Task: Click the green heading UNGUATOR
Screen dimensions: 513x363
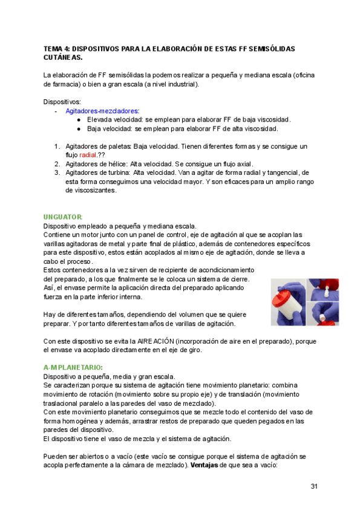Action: click(x=63, y=217)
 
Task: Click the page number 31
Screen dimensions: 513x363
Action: click(x=314, y=486)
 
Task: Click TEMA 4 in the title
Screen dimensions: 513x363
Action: click(x=57, y=48)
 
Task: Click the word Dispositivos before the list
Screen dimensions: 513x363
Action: click(x=61, y=102)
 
